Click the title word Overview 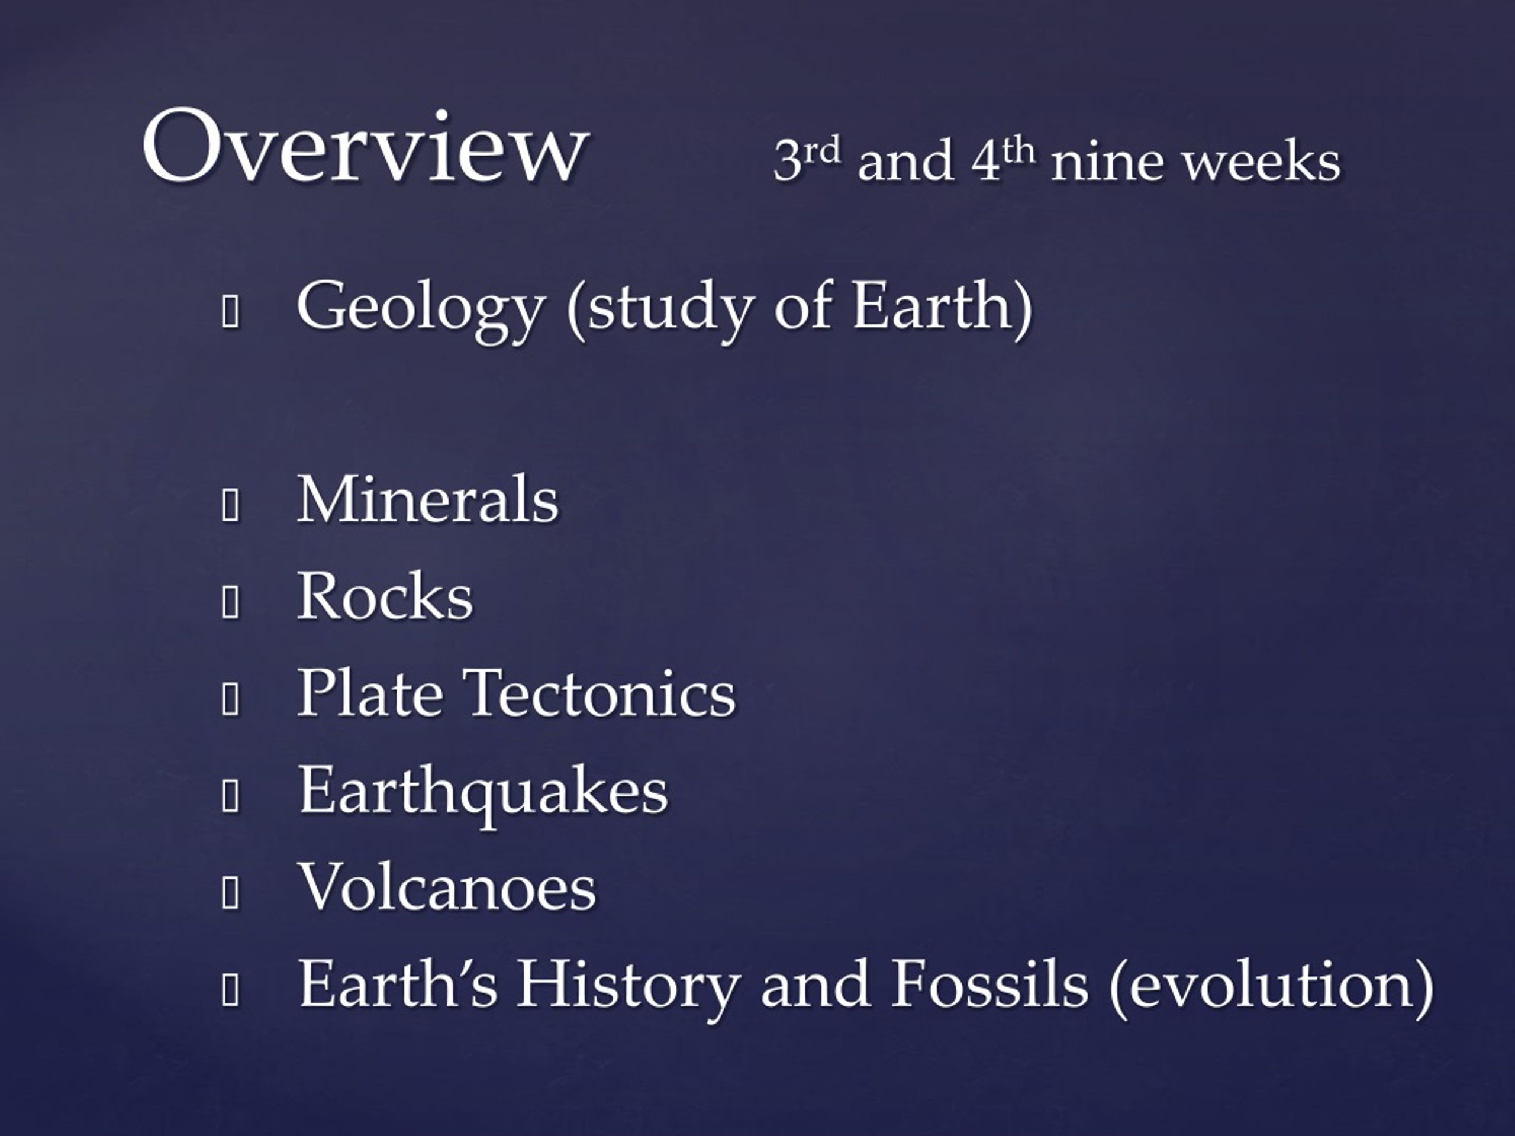[365, 146]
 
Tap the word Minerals [427, 499]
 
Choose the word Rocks [385, 596]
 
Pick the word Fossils [989, 983]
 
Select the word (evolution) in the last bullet [1271, 987]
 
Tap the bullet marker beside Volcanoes [230, 893]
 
